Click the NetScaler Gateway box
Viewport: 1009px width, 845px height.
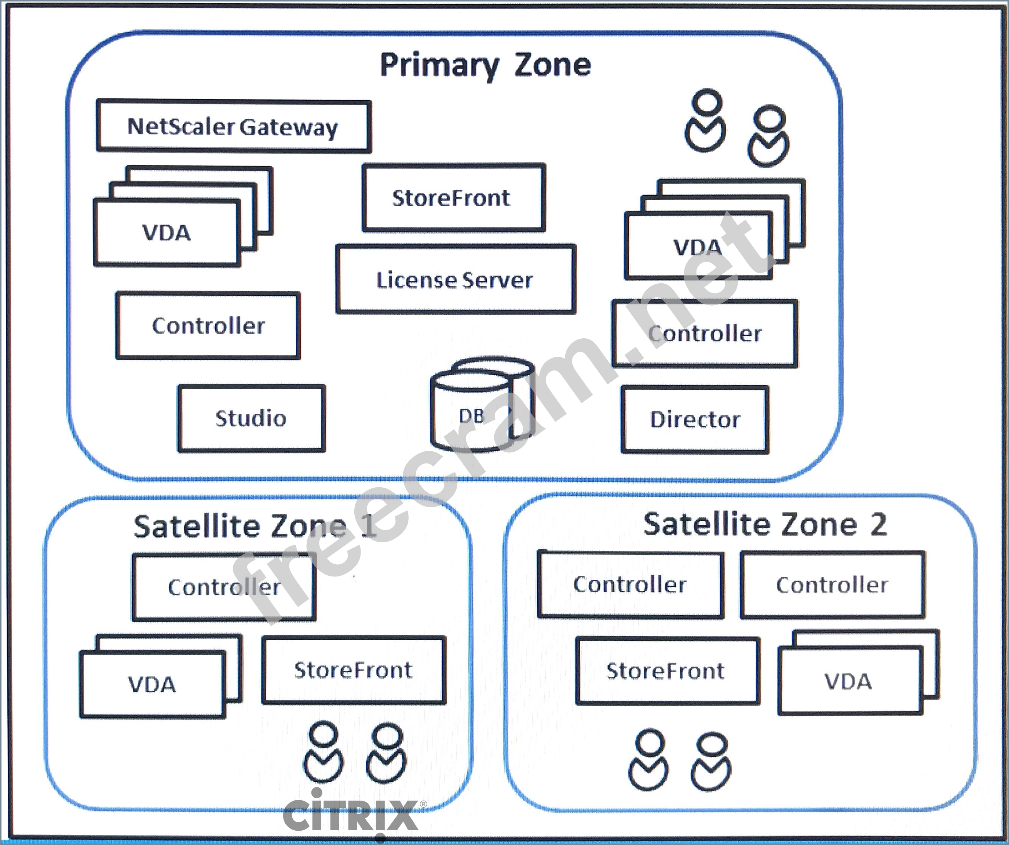pos(234,127)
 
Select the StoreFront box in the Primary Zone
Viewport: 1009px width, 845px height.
pos(453,197)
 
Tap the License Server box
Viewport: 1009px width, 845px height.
pos(455,279)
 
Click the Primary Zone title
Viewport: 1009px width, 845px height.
pos(485,65)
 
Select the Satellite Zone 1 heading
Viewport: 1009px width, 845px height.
pos(255,526)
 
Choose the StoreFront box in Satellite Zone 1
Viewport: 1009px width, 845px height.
pos(354,670)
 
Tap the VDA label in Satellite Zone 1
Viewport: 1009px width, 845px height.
pos(152,684)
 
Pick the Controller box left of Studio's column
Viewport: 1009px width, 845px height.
pos(208,326)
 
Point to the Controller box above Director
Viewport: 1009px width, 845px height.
pos(705,334)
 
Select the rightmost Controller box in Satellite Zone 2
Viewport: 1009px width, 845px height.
pos(832,585)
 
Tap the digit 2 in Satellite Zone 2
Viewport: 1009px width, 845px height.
pos(879,524)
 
